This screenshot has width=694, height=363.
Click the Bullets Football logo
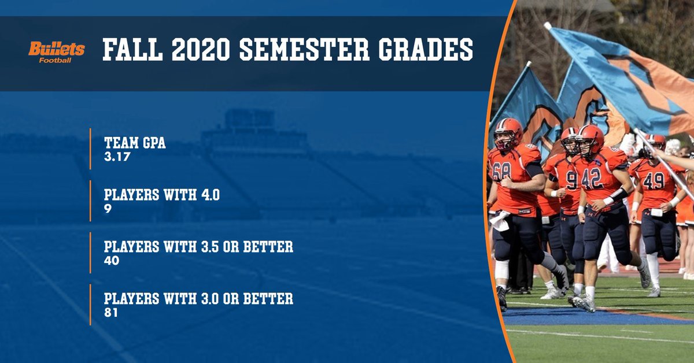coord(57,51)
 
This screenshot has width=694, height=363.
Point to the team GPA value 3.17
coord(115,155)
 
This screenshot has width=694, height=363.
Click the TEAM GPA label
coord(135,143)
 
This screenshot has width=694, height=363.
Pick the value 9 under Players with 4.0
coord(108,208)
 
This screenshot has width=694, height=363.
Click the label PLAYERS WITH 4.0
coord(161,196)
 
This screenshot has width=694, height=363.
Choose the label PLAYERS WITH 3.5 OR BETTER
coord(198,248)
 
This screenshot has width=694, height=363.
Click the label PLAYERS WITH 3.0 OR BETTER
coord(198,300)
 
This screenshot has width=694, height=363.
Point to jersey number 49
coord(654,181)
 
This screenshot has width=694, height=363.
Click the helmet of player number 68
coord(508,132)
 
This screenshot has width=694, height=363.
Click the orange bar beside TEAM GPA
coord(91,149)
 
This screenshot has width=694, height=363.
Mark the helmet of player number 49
coord(655,142)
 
